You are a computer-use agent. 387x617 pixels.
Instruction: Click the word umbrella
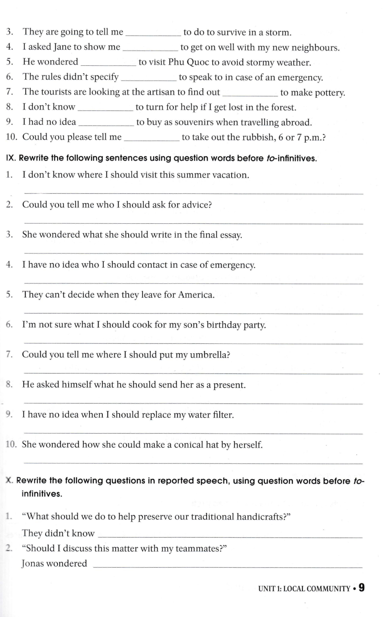click(x=209, y=355)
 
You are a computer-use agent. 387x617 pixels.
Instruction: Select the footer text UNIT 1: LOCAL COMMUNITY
click(x=304, y=589)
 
